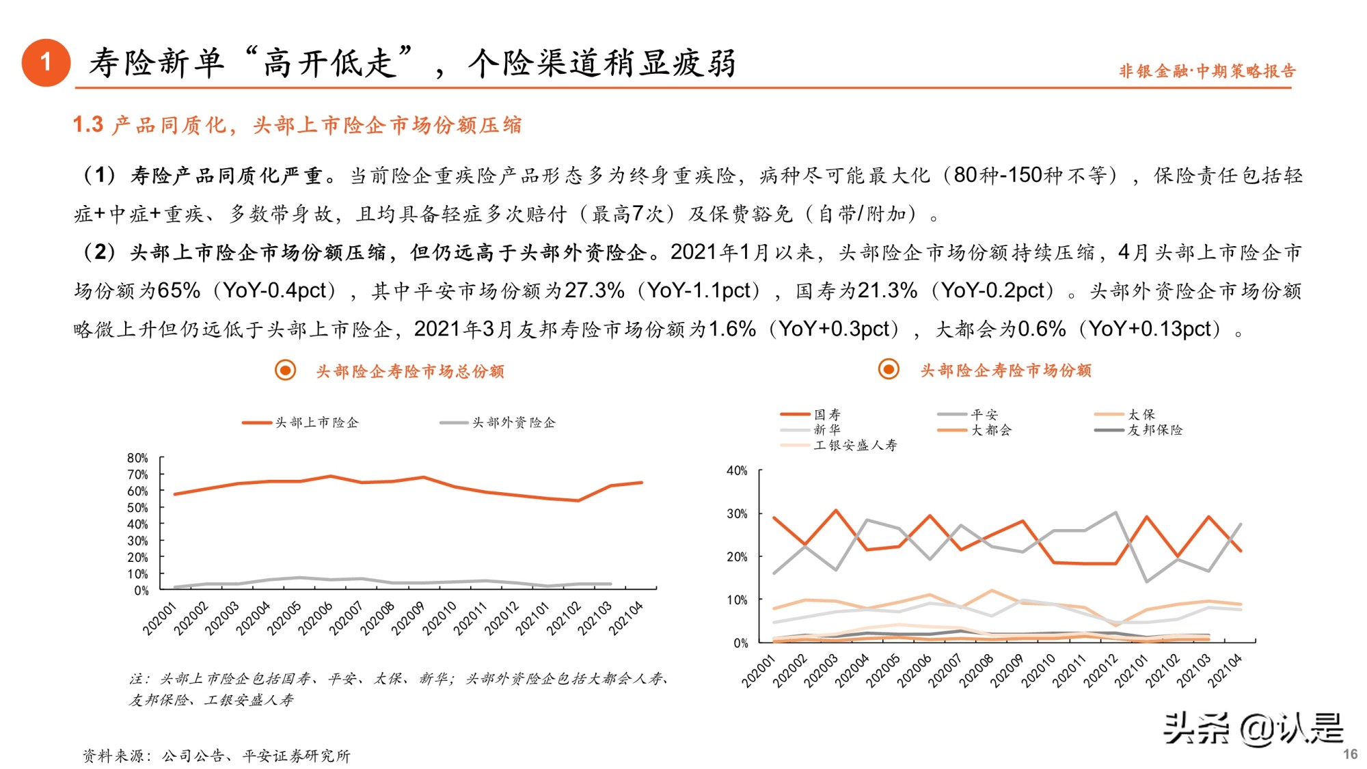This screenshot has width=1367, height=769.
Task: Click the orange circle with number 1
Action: (x=46, y=63)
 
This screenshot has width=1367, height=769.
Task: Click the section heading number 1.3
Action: (x=88, y=125)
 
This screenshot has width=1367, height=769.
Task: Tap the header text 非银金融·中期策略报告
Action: (x=1206, y=71)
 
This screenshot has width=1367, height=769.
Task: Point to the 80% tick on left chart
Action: (x=137, y=458)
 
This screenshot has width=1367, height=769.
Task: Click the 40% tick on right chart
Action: (x=737, y=471)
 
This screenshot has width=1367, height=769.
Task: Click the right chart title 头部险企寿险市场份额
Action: (x=1005, y=370)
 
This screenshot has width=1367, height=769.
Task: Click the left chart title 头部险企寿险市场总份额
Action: (x=409, y=371)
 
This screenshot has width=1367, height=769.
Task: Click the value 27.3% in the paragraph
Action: (x=594, y=291)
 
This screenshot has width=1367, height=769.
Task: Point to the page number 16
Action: (x=1350, y=754)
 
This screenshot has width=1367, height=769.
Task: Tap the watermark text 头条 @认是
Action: (x=1253, y=728)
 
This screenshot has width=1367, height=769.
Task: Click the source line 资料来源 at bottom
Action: (x=216, y=755)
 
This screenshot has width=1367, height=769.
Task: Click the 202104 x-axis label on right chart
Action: (x=1225, y=670)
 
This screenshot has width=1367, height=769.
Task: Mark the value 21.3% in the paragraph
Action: (x=887, y=291)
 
